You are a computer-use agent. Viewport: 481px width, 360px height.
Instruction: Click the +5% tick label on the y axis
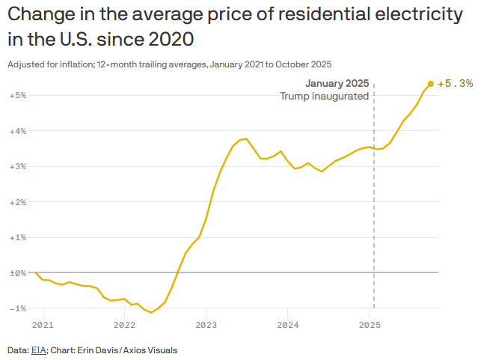(18, 96)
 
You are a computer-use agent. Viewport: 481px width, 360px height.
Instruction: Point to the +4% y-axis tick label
(18, 131)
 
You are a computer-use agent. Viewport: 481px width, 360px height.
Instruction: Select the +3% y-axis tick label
(18, 166)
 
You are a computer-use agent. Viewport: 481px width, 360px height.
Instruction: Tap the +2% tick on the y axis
(18, 202)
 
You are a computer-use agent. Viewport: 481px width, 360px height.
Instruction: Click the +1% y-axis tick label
(18, 237)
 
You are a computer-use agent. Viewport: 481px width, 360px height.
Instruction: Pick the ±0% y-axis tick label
(18, 273)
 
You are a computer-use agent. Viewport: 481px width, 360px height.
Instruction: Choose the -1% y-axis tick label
(18, 308)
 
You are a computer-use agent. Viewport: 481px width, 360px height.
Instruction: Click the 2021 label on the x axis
(43, 326)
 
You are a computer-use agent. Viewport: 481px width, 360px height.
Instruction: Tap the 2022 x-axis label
(124, 326)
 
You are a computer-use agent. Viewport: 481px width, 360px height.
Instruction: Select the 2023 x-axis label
(206, 326)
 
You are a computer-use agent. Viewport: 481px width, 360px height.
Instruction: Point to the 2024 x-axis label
(288, 326)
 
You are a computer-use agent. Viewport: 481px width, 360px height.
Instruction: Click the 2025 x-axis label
(370, 326)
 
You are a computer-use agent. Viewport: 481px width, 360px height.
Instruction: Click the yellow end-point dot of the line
(430, 84)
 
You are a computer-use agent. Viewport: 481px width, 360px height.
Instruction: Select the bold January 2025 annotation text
(337, 83)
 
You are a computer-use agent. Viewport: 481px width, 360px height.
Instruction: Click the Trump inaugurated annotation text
(325, 96)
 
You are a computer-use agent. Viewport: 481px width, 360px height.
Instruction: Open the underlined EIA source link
(38, 350)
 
